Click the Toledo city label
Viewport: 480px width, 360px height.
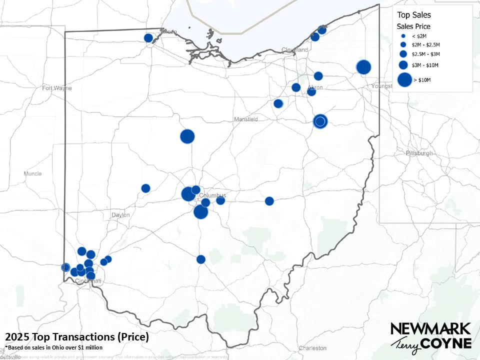coord(168,32)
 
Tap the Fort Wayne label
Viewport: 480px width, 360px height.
coord(57,88)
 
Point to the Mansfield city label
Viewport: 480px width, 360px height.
coord(246,119)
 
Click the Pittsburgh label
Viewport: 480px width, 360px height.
coord(419,153)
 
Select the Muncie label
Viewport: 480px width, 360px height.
coord(32,174)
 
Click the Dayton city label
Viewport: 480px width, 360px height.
coord(120,215)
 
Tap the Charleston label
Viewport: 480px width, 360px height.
coord(312,348)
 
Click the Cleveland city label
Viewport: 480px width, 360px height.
coord(294,50)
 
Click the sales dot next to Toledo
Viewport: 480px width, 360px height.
coord(148,38)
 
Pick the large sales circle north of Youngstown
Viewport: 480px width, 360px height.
coord(363,66)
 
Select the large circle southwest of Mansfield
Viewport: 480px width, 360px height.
coord(187,136)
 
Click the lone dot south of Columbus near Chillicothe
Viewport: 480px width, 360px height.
coord(201,259)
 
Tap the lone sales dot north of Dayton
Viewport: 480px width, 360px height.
coord(145,188)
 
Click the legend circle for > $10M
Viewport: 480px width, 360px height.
coord(403,79)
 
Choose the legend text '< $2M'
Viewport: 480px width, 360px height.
coord(418,36)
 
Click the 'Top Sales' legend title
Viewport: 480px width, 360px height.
coord(413,15)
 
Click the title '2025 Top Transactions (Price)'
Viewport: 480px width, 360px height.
coord(77,337)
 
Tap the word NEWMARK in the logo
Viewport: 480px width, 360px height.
coord(430,328)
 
